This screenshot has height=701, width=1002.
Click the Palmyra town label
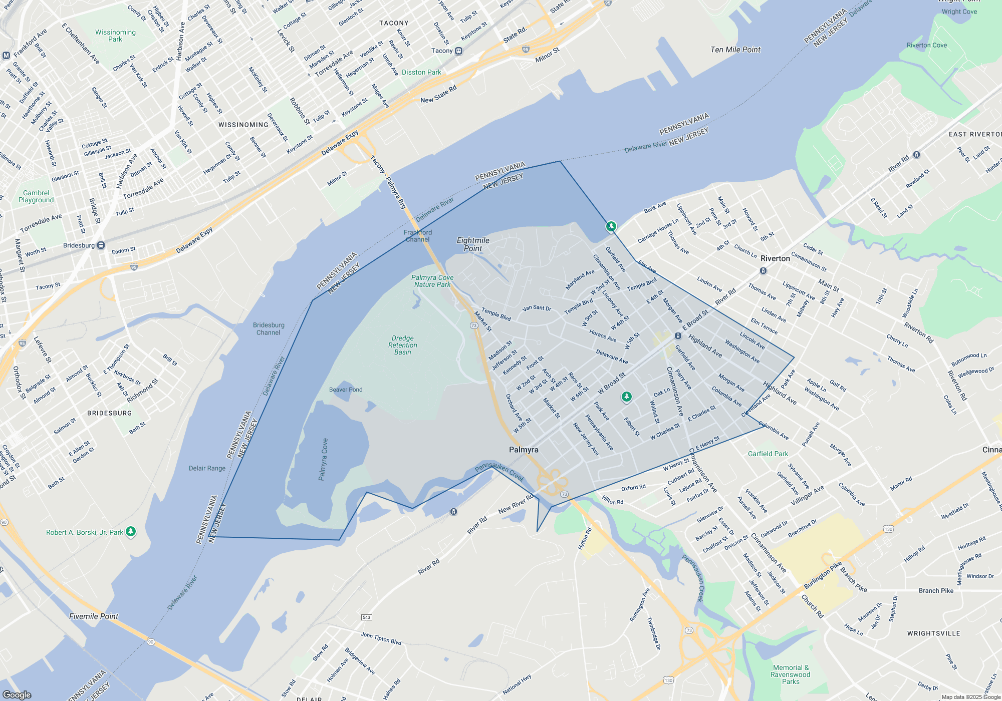click(x=524, y=450)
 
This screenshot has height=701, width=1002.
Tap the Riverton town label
click(x=775, y=258)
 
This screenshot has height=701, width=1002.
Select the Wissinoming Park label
click(x=115, y=36)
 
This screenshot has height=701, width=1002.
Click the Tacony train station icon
click(x=458, y=51)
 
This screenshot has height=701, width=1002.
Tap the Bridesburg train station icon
click(x=101, y=245)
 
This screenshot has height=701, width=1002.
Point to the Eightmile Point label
click(x=473, y=244)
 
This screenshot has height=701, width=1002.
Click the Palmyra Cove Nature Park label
click(x=432, y=281)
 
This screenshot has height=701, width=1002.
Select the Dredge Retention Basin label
click(x=403, y=345)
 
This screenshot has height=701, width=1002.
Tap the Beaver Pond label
click(x=346, y=390)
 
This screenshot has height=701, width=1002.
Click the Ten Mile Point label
click(x=735, y=50)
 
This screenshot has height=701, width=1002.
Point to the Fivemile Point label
click(x=94, y=616)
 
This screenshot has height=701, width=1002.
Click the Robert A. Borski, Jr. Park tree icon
click(x=131, y=532)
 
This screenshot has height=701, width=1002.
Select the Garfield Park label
click(x=768, y=454)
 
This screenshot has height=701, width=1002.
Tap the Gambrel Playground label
click(x=36, y=196)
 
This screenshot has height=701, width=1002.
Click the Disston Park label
click(x=421, y=72)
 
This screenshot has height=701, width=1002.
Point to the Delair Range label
click(x=207, y=468)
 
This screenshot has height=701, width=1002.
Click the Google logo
click(x=17, y=694)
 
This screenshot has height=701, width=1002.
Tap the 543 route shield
click(x=367, y=617)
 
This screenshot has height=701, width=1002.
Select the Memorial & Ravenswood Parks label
click(x=791, y=674)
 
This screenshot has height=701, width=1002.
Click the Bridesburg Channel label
click(x=269, y=328)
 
